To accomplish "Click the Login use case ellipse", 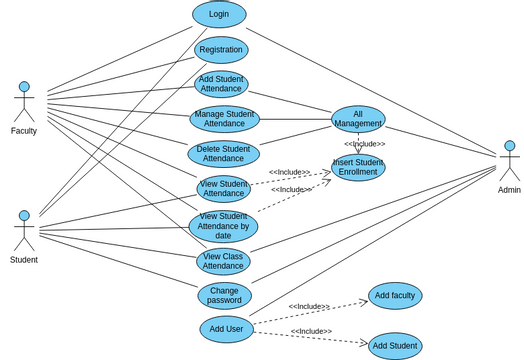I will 219,14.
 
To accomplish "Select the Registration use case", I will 221,50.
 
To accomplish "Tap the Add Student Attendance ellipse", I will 221,84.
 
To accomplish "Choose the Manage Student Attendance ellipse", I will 224,119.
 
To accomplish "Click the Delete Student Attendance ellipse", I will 223,153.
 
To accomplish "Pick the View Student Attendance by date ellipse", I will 223,227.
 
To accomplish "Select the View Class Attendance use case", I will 223,261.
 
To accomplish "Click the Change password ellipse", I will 224,295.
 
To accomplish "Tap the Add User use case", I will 227,329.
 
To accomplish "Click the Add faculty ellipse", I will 395,296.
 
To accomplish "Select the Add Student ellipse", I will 395,346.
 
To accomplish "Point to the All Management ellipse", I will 358,119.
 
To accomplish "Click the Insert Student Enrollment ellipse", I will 358,167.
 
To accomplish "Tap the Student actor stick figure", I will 24,231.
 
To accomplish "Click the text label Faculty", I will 24,131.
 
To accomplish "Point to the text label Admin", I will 509,190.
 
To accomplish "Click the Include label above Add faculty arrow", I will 309,306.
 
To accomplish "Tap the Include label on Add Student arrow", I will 311,331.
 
